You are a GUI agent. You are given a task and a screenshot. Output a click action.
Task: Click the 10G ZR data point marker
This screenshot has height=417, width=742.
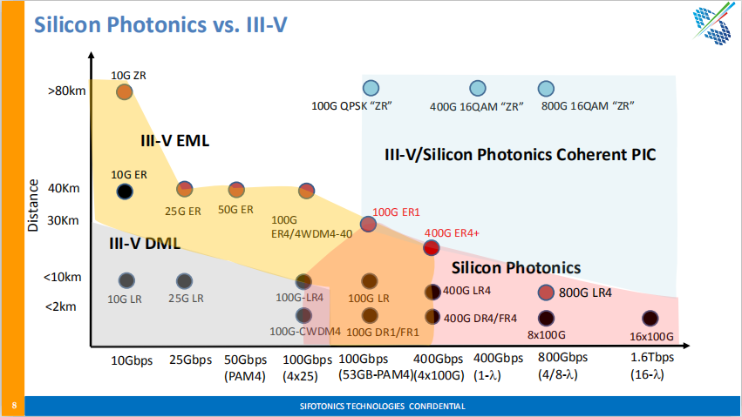[x=124, y=91]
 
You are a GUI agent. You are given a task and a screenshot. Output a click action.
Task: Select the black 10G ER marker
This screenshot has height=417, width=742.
[x=125, y=191]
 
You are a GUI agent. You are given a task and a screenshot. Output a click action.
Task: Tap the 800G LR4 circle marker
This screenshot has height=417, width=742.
[x=547, y=293]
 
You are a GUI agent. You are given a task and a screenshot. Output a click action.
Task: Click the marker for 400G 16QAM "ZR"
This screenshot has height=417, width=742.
[x=477, y=88]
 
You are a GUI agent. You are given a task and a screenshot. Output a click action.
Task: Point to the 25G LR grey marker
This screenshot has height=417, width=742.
[x=184, y=280]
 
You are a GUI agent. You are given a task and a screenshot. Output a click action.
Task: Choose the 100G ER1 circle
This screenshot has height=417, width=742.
[x=369, y=224]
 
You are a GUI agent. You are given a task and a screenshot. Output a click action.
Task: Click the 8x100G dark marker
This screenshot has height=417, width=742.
[x=547, y=318]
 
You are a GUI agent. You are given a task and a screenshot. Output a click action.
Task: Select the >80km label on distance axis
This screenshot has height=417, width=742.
[x=67, y=90]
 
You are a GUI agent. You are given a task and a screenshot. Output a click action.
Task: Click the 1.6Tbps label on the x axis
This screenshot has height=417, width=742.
[x=652, y=359]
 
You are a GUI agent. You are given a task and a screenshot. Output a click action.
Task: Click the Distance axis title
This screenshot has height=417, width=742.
[x=33, y=205]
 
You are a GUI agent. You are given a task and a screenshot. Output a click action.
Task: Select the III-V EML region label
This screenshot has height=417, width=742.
[x=175, y=140]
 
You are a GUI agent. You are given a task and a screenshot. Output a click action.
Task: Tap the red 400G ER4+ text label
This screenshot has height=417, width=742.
[x=452, y=233]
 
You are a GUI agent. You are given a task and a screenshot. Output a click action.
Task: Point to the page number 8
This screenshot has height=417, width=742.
[x=14, y=406]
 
